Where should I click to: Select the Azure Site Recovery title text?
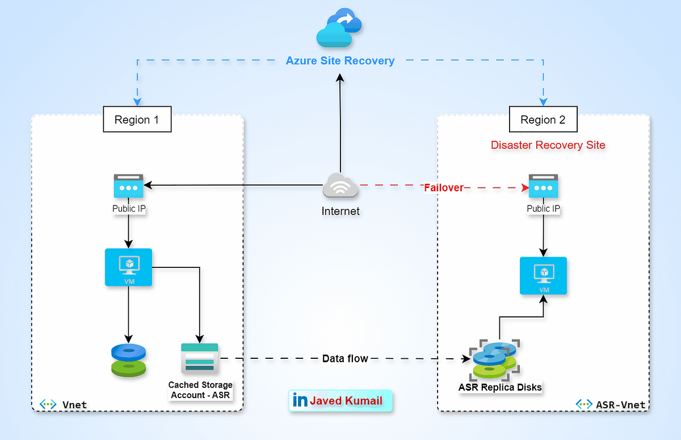click(340, 61)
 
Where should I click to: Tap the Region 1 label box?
click(137, 120)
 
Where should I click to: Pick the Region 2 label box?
click(543, 120)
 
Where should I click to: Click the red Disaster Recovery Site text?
click(548, 145)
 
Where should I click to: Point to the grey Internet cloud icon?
click(340, 186)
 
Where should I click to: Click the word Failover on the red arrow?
click(444, 187)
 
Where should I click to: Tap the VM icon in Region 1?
click(128, 267)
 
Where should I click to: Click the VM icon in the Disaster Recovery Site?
click(543, 276)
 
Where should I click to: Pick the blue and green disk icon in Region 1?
click(128, 360)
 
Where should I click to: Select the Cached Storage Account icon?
click(199, 358)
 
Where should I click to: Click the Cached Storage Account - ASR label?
click(200, 389)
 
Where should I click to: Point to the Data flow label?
click(345, 359)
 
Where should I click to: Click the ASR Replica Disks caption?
click(500, 388)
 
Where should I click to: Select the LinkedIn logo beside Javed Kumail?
click(300, 400)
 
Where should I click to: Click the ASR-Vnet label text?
click(620, 404)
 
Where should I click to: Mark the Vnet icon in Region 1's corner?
click(48, 404)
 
